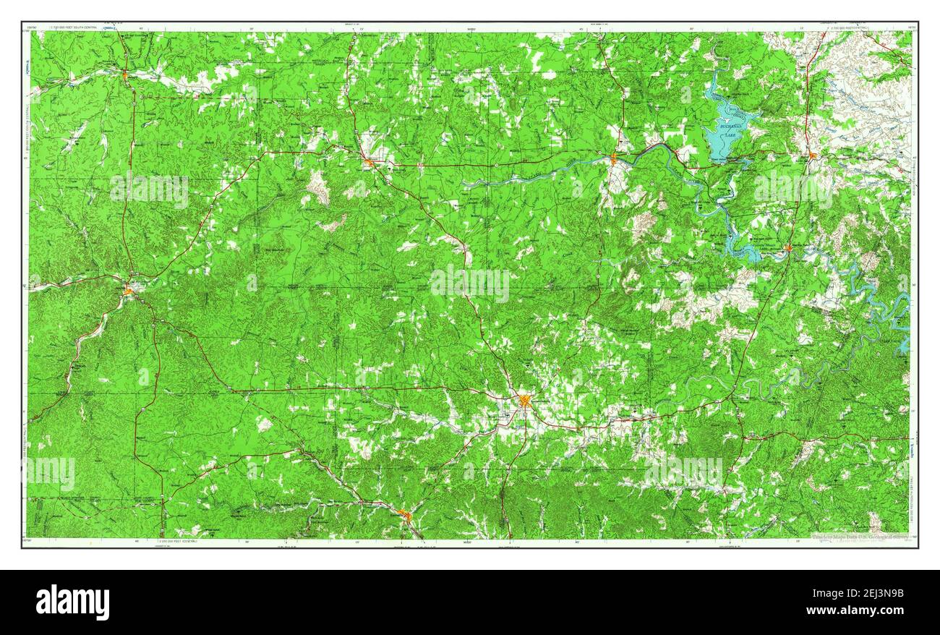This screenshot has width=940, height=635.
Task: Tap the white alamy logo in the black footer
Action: point(73,602)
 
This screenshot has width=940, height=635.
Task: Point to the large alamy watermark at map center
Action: point(470,284)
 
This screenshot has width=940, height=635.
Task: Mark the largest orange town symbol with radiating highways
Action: point(525,400)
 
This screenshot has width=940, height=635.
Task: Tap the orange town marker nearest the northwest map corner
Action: point(126,75)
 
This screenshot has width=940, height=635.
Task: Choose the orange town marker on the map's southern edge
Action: point(405,516)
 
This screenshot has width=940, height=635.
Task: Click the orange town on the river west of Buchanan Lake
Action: point(614,159)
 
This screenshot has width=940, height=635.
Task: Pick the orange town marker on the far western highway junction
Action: point(129,291)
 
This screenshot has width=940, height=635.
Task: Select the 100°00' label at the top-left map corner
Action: point(30,28)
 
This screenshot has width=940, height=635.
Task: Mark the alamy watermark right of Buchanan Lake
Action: point(793,190)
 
